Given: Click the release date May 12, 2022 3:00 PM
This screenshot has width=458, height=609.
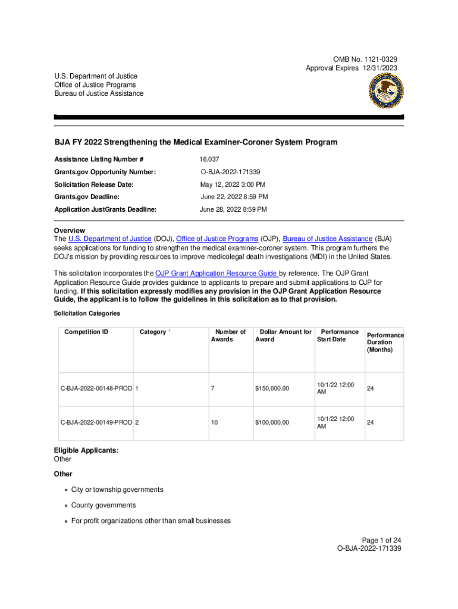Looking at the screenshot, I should (233, 184).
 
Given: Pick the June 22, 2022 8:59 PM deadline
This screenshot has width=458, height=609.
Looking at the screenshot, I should (234, 197).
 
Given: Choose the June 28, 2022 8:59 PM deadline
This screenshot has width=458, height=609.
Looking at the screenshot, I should (233, 209).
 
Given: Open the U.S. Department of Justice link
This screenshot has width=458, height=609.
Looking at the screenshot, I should (110, 238).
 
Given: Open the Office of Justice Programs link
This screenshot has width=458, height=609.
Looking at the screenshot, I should (217, 238).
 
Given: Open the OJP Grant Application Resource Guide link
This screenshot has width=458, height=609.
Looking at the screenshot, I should (215, 274).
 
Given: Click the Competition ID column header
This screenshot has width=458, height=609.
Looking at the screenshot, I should (86, 332).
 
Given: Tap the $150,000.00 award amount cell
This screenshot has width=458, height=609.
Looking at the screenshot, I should (272, 388).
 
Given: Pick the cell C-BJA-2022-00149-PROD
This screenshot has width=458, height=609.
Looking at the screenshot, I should (96, 422).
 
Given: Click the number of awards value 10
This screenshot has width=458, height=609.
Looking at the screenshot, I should (214, 422).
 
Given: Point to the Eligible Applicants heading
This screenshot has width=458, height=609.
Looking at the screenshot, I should (86, 450).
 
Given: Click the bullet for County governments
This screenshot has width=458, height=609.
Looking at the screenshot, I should (67, 506).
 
